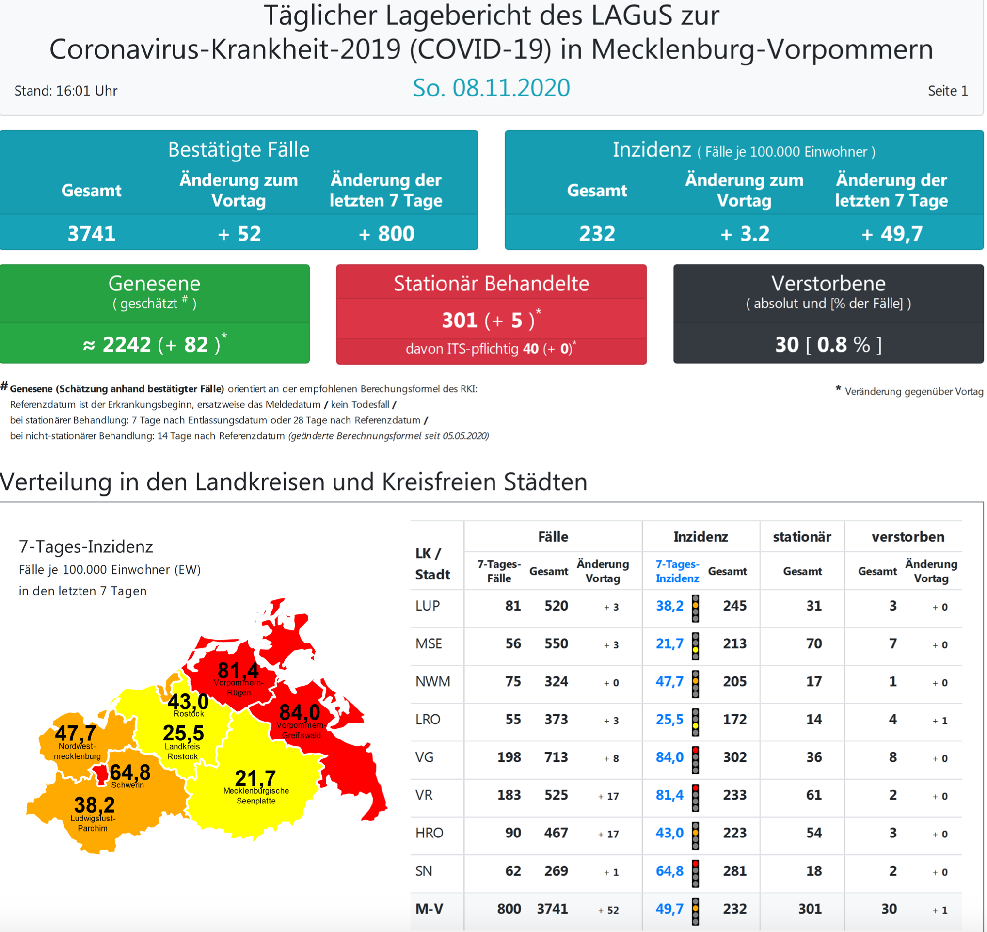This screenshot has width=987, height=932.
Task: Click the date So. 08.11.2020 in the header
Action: pyautogui.click(x=491, y=88)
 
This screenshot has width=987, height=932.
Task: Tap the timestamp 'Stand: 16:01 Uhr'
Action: pyautogui.click(x=65, y=91)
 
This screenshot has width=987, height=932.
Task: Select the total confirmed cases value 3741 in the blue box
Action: pyautogui.click(x=92, y=234)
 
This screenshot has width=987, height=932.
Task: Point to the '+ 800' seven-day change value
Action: pyautogui.click(x=386, y=234)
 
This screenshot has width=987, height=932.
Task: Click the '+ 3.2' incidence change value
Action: pyautogui.click(x=744, y=234)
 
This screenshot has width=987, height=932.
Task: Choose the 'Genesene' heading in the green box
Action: pyautogui.click(x=154, y=283)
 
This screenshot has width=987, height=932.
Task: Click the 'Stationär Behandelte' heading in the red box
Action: pyautogui.click(x=491, y=283)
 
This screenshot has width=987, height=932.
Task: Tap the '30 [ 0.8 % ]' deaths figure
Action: pyautogui.click(x=828, y=344)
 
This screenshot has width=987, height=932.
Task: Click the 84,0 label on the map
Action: pyautogui.click(x=300, y=712)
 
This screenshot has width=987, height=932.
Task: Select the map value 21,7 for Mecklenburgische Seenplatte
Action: pyautogui.click(x=255, y=778)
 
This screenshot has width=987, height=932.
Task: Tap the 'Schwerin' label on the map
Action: pyautogui.click(x=127, y=785)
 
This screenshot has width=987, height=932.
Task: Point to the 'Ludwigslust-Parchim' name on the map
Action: pyautogui.click(x=93, y=823)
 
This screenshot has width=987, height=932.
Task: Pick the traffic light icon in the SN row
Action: pyautogui.click(x=696, y=873)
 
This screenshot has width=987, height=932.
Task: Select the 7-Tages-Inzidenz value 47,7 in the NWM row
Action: pyautogui.click(x=669, y=681)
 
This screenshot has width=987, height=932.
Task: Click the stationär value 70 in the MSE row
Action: pyautogui.click(x=813, y=643)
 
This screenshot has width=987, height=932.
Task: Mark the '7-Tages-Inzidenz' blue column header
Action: pyautogui.click(x=677, y=571)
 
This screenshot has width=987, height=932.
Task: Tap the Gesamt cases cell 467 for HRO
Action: pyautogui.click(x=556, y=833)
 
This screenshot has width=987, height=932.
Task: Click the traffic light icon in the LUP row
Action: pyautogui.click(x=696, y=608)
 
